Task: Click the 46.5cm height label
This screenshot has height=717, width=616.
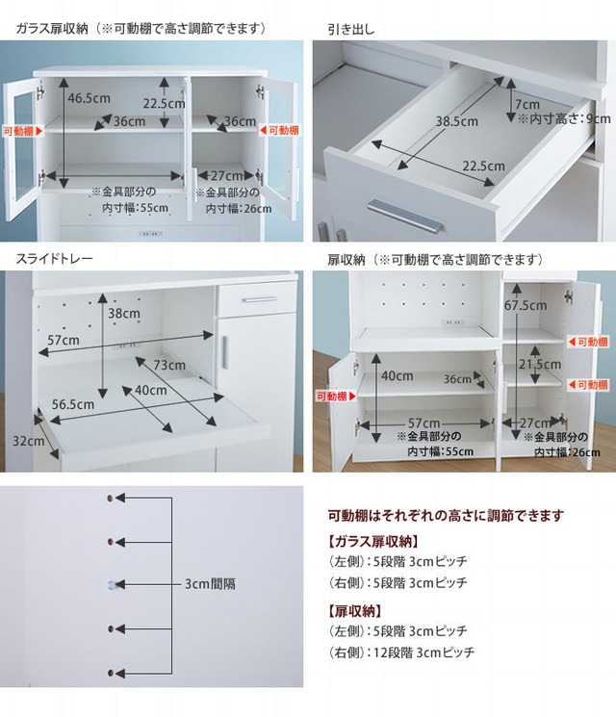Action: click(x=89, y=98)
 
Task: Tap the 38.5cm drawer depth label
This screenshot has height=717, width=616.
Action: click(x=456, y=121)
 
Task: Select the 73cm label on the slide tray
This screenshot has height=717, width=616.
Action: click(x=169, y=365)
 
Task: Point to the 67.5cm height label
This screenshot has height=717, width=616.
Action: click(x=526, y=305)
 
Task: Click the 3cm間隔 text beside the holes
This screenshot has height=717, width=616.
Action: click(x=210, y=584)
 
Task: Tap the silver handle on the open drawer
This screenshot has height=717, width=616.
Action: click(x=404, y=216)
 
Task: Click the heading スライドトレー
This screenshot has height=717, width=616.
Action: click(x=54, y=259)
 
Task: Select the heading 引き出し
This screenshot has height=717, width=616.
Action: click(x=350, y=30)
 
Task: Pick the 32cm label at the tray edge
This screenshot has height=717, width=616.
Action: click(x=28, y=441)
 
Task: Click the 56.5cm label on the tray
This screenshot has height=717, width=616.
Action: click(x=73, y=404)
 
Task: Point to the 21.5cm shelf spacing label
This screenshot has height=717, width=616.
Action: click(x=540, y=364)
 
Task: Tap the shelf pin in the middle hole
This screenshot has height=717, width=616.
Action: click(x=113, y=584)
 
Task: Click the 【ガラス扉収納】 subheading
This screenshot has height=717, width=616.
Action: click(x=372, y=542)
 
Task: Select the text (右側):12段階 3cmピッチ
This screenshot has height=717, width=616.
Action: click(x=401, y=653)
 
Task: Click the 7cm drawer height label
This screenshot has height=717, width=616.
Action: click(x=527, y=105)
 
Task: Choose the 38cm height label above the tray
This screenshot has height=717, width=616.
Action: click(x=124, y=313)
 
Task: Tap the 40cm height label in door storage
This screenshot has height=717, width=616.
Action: click(x=397, y=376)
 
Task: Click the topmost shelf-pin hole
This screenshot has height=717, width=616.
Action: click(x=111, y=498)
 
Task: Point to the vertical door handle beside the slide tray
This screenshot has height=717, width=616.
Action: click(x=224, y=352)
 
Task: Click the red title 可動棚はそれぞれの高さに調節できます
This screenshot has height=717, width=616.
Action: click(x=446, y=516)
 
